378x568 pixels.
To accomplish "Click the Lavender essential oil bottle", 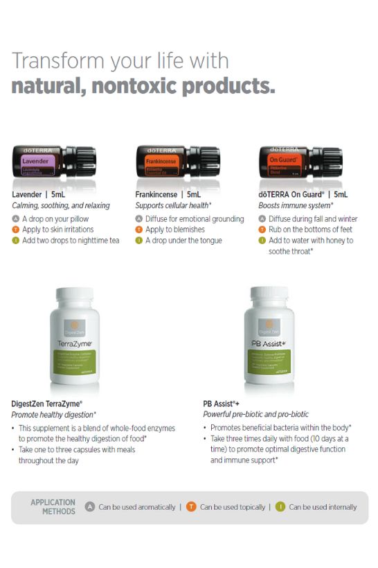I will click(54, 164).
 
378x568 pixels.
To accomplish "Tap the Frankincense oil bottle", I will click(177, 164).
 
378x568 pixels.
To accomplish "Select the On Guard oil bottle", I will click(300, 164).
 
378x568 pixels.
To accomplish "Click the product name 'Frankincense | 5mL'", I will click(169, 195).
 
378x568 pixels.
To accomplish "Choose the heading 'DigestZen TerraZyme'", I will click(46, 402).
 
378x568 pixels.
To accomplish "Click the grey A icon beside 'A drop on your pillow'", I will click(15, 218).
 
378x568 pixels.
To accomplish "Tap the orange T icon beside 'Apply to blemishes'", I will click(138, 230).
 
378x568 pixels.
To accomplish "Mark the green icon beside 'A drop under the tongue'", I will click(138, 241).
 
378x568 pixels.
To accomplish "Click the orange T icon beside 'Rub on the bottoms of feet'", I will click(262, 230).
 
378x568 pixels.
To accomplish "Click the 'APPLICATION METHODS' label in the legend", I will click(53, 506).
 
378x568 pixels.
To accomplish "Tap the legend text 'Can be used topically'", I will click(232, 507).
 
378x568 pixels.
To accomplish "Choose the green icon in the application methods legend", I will click(280, 507).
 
